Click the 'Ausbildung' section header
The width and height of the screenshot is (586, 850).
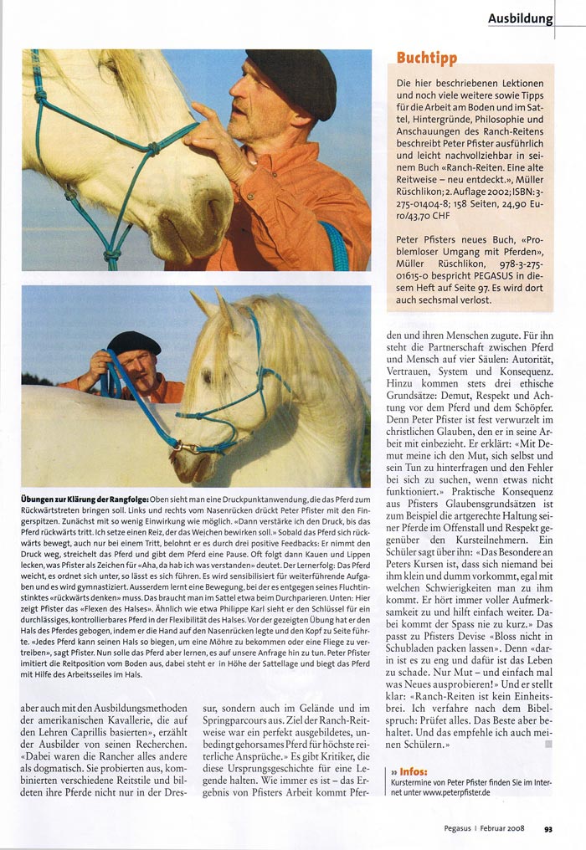520,18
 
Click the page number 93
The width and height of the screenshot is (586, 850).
547,829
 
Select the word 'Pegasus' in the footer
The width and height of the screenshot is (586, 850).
461,829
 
